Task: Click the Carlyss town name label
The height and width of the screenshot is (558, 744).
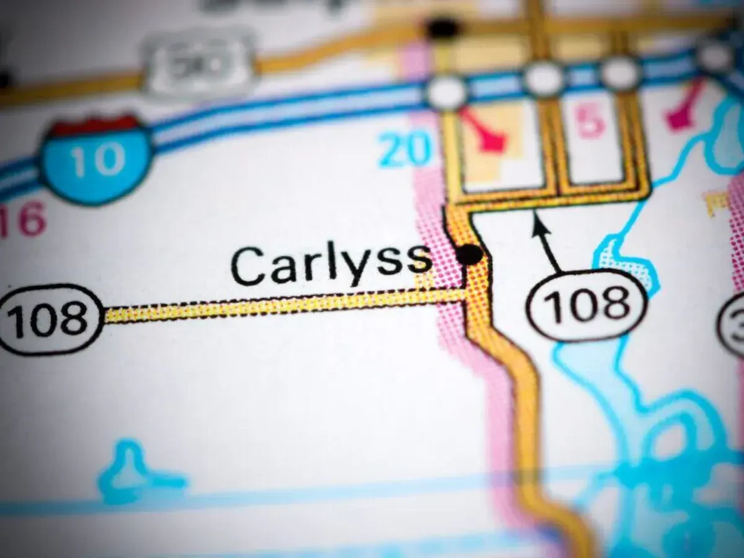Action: pos(331,265)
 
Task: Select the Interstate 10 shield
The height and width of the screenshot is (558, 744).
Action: pos(96,158)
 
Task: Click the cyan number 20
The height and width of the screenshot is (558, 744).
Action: pos(405,149)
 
